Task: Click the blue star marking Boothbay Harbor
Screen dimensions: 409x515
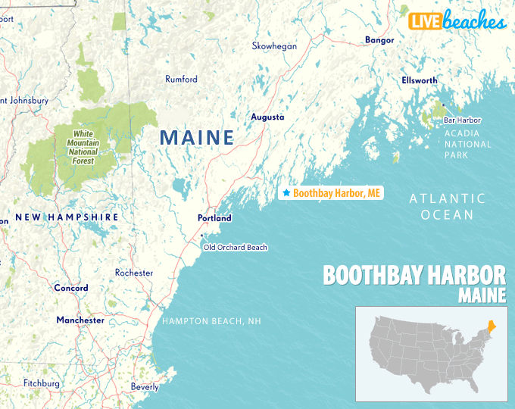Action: point(286,193)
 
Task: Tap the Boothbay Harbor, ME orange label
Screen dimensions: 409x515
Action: point(336,194)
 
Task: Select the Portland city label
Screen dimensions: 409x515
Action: point(214,218)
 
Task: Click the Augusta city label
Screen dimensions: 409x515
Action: point(267,117)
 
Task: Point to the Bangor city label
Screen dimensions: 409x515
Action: point(379,40)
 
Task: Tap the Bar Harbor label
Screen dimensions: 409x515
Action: point(462,120)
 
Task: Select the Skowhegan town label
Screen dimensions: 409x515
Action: point(274,46)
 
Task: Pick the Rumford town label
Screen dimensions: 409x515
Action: point(181,80)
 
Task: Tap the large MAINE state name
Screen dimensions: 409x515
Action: point(196,138)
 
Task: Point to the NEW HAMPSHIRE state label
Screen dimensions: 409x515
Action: point(67,217)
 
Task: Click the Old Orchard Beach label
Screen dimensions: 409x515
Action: point(235,248)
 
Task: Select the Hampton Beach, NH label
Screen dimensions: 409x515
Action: point(211,322)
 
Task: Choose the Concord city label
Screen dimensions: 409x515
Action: point(70,289)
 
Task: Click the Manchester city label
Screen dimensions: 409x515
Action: point(80,320)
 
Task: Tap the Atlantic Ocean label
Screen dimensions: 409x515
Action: point(447,206)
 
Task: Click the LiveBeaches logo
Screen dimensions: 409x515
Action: point(457,21)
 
